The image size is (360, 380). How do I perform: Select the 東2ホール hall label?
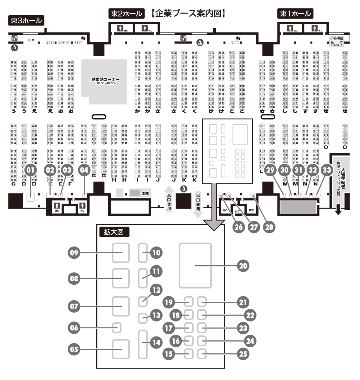(126, 14)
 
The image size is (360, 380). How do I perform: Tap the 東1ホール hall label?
(295, 14)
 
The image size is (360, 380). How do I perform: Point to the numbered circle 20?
(243, 266)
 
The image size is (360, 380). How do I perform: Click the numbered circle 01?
(30, 170)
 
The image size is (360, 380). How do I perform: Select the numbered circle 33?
(327, 170)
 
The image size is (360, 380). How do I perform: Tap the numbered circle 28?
(269, 227)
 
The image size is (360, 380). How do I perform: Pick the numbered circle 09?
(74, 253)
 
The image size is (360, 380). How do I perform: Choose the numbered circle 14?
(156, 342)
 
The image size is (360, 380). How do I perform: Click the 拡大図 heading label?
(114, 232)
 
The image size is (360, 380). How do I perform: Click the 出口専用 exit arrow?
(198, 204)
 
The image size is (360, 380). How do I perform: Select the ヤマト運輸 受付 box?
(336, 41)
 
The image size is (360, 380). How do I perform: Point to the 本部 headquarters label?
(145, 194)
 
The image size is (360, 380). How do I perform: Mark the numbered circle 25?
(243, 354)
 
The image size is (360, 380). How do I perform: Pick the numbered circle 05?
(74, 349)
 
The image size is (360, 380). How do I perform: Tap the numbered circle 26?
(238, 227)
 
